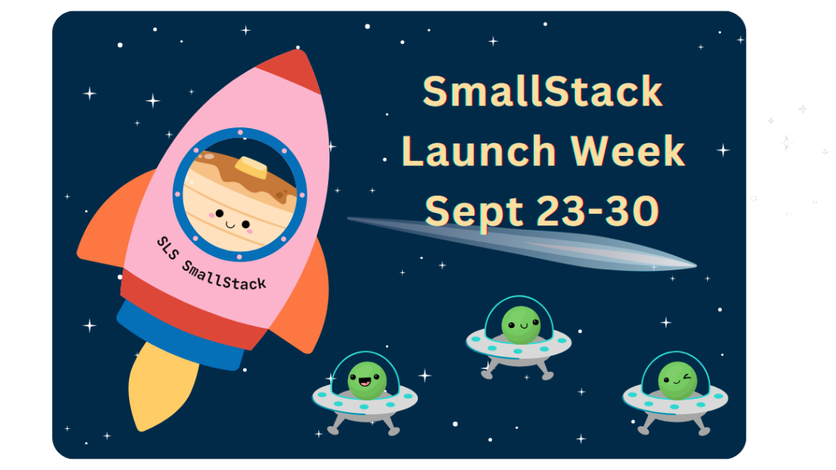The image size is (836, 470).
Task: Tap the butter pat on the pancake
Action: coord(251,168)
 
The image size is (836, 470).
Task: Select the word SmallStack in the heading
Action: coord(542,93)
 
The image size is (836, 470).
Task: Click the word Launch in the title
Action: coord(479,152)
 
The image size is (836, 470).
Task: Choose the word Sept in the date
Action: coord(474,211)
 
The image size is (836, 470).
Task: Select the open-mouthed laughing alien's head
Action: coord(366,380)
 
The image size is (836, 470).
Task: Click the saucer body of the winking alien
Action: coord(675,403)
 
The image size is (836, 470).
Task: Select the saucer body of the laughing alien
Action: coord(365,402)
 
